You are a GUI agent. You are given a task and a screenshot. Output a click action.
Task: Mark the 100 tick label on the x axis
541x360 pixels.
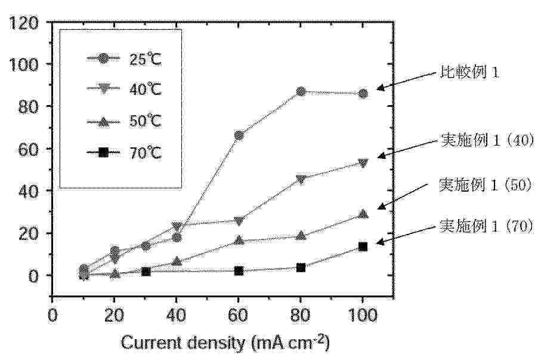click(363, 315)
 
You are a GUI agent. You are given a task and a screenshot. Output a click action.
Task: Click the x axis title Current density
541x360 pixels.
click(225, 343)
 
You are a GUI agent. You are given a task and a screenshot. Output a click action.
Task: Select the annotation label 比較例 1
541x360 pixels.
click(468, 73)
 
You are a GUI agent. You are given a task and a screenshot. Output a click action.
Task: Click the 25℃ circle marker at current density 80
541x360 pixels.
click(301, 92)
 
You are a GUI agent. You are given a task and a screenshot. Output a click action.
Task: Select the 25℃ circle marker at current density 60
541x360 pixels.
click(239, 136)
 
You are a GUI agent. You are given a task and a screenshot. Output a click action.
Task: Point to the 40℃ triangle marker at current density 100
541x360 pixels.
click(363, 162)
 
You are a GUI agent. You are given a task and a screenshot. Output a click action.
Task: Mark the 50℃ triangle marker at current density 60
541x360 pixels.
click(239, 241)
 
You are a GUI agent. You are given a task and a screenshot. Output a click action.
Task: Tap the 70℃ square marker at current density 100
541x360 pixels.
click(363, 246)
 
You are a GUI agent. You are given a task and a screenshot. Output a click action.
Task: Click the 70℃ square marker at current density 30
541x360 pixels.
click(146, 271)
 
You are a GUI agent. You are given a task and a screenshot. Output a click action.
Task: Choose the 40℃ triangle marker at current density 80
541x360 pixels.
click(301, 179)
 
